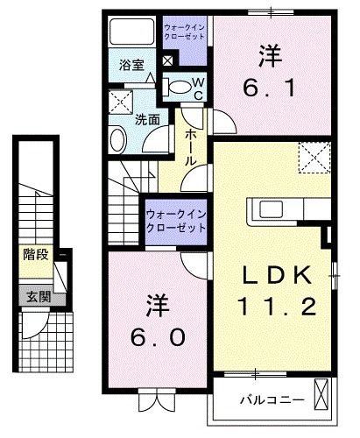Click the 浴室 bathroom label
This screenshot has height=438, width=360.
(x=131, y=65)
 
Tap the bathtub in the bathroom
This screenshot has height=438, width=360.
(x=131, y=32)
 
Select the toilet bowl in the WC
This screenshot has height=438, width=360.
(x=179, y=85)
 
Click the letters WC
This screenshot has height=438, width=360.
(x=198, y=87)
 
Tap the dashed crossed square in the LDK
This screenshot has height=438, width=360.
(x=314, y=158)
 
